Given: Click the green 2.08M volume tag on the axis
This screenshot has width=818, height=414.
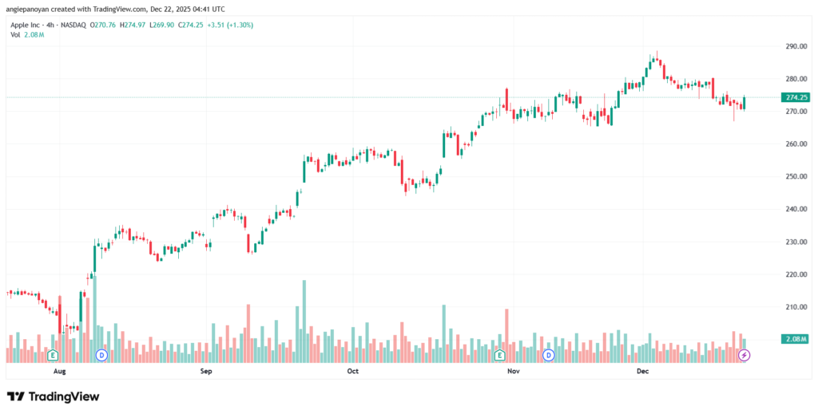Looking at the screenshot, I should pos(796,340).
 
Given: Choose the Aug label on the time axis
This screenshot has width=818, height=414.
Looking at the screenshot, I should pos(58,372).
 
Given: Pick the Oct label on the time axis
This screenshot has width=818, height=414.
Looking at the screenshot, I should pos(352,372).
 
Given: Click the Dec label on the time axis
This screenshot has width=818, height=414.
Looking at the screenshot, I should pos(643,372).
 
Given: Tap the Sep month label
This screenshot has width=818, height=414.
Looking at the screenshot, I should pos(205,372).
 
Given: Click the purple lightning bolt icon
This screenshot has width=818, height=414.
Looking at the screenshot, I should pos(744,354).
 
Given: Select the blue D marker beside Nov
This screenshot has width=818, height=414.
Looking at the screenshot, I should pos(548,354).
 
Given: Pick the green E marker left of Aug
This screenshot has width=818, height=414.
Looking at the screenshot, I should pos(53,354).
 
